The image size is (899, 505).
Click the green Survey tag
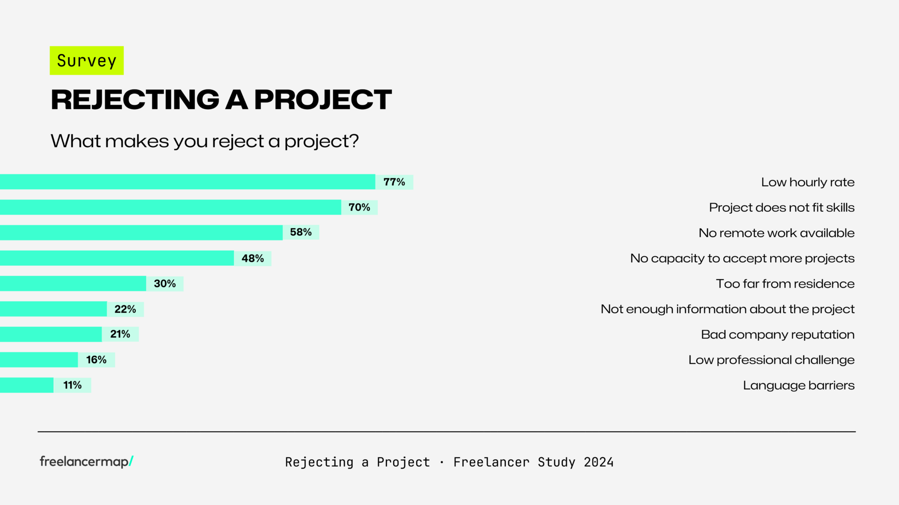[x=87, y=61]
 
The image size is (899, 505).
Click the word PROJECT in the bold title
[x=323, y=100]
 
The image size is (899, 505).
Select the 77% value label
[x=394, y=182]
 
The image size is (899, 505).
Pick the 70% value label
[x=359, y=207]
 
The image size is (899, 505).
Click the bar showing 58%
[x=140, y=232]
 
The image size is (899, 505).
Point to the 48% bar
[x=117, y=258]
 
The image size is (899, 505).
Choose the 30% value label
[x=165, y=283]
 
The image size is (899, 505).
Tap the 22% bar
[x=53, y=309]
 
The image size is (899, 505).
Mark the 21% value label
[x=120, y=334]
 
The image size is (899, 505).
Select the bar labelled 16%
[x=39, y=360]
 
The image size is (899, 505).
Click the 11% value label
[x=73, y=385]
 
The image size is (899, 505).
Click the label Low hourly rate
[x=808, y=182]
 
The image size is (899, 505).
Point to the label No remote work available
[x=776, y=233]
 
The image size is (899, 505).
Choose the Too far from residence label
[x=785, y=283]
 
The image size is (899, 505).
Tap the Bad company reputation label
[x=778, y=334]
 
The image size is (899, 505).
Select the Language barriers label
[x=799, y=385]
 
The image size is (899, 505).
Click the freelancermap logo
[x=87, y=462]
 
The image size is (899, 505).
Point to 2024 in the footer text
[x=598, y=462]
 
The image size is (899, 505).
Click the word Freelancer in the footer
[x=491, y=462]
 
